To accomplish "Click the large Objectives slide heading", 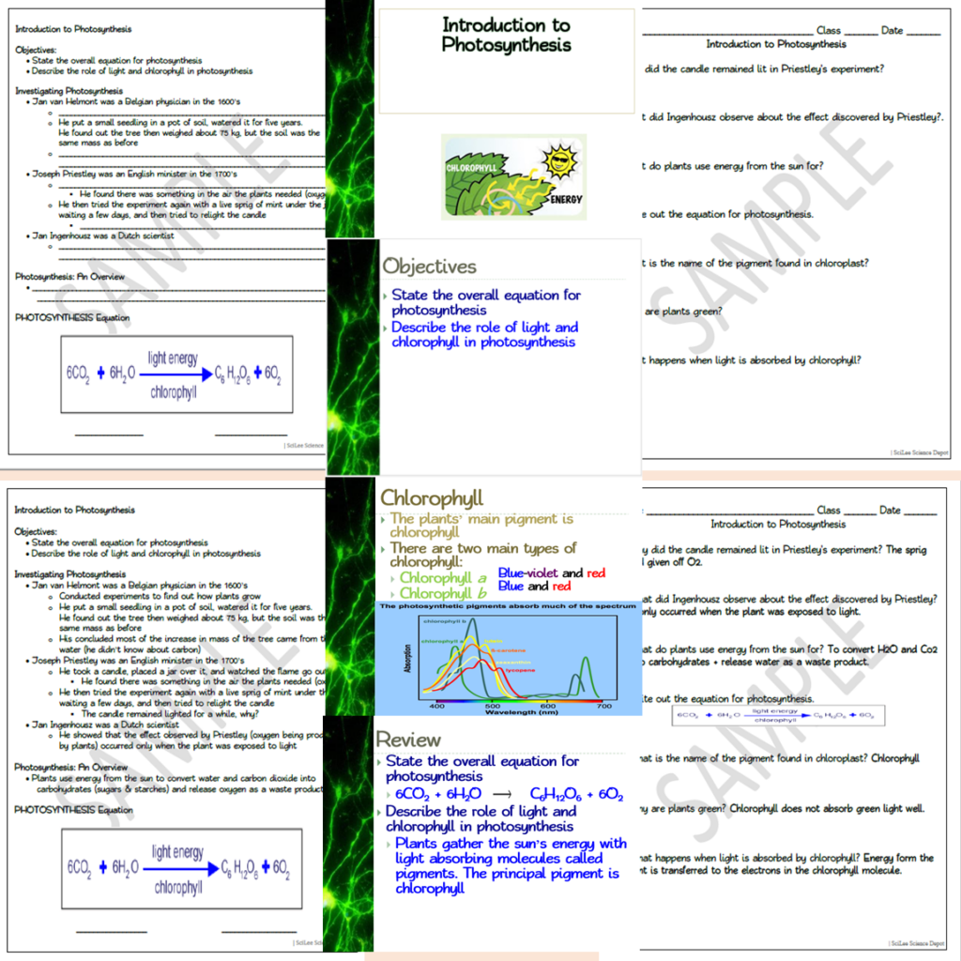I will (429, 267).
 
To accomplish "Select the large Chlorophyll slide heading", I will (432, 497).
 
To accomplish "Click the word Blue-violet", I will (527, 572).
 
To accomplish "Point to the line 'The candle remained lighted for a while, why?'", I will (165, 713).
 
